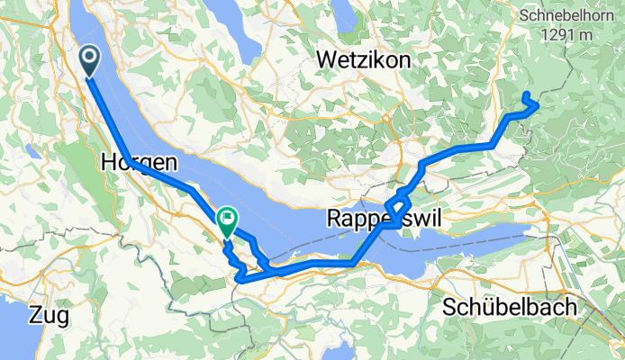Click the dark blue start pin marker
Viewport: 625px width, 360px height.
coord(91,60)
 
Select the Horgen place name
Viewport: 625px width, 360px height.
coord(140,164)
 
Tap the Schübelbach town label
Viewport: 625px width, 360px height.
coord(510,308)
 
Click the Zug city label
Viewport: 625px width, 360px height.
coord(49,315)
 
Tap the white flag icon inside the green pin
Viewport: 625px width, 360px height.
coord(227,217)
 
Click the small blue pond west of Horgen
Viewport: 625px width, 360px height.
coord(33,152)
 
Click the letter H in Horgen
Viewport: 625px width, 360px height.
coord(110,164)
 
